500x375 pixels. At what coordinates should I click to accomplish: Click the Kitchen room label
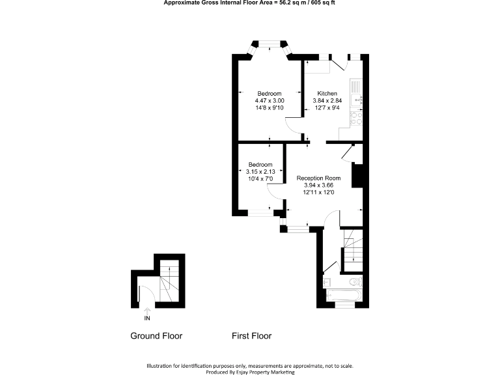point(327,93)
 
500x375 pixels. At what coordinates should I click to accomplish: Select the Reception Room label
point(318,178)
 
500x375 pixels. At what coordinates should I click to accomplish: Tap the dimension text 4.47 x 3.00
point(269,101)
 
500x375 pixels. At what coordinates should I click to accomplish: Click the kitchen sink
point(355,98)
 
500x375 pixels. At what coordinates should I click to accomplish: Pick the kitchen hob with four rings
point(356,118)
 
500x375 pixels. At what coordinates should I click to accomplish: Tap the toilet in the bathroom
point(354,282)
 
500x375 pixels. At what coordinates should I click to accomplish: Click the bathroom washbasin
point(327,283)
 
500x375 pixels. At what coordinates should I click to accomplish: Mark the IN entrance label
point(147,318)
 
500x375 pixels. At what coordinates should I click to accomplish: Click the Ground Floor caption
point(156,336)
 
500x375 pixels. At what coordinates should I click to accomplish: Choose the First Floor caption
point(251,336)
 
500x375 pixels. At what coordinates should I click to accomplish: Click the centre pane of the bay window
point(269,44)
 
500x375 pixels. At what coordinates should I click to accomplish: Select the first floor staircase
point(352,251)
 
